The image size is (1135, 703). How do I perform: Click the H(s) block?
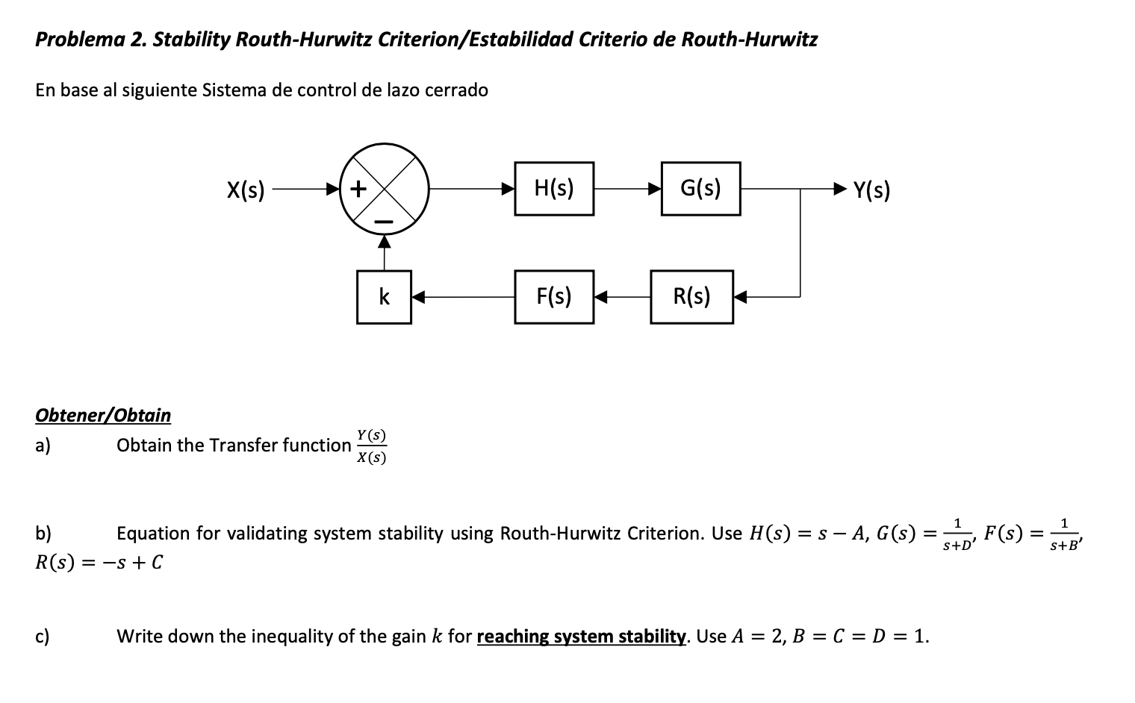pos(554,189)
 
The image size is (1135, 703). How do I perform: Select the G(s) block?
pos(700,189)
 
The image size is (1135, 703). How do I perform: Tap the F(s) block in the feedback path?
pos(554,297)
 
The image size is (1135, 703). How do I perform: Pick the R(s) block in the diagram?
pos(691,297)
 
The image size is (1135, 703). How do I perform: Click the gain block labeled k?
pos(384,297)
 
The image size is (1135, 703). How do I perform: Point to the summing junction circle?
pos(384,189)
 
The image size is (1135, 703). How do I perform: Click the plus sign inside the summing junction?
pos(358,189)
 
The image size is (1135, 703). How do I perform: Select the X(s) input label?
pos(246,190)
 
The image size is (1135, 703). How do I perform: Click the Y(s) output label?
pos(871,191)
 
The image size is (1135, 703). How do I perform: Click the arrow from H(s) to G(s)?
pos(627,189)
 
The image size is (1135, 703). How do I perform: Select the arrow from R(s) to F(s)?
pos(621,297)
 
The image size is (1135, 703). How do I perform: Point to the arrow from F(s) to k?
pos(462,297)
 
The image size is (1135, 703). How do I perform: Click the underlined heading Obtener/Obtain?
pos(103,415)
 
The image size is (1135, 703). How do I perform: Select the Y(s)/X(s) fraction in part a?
pos(371,446)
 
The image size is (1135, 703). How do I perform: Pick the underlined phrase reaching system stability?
pos(581,637)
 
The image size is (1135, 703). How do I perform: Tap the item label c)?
pos(43,637)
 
